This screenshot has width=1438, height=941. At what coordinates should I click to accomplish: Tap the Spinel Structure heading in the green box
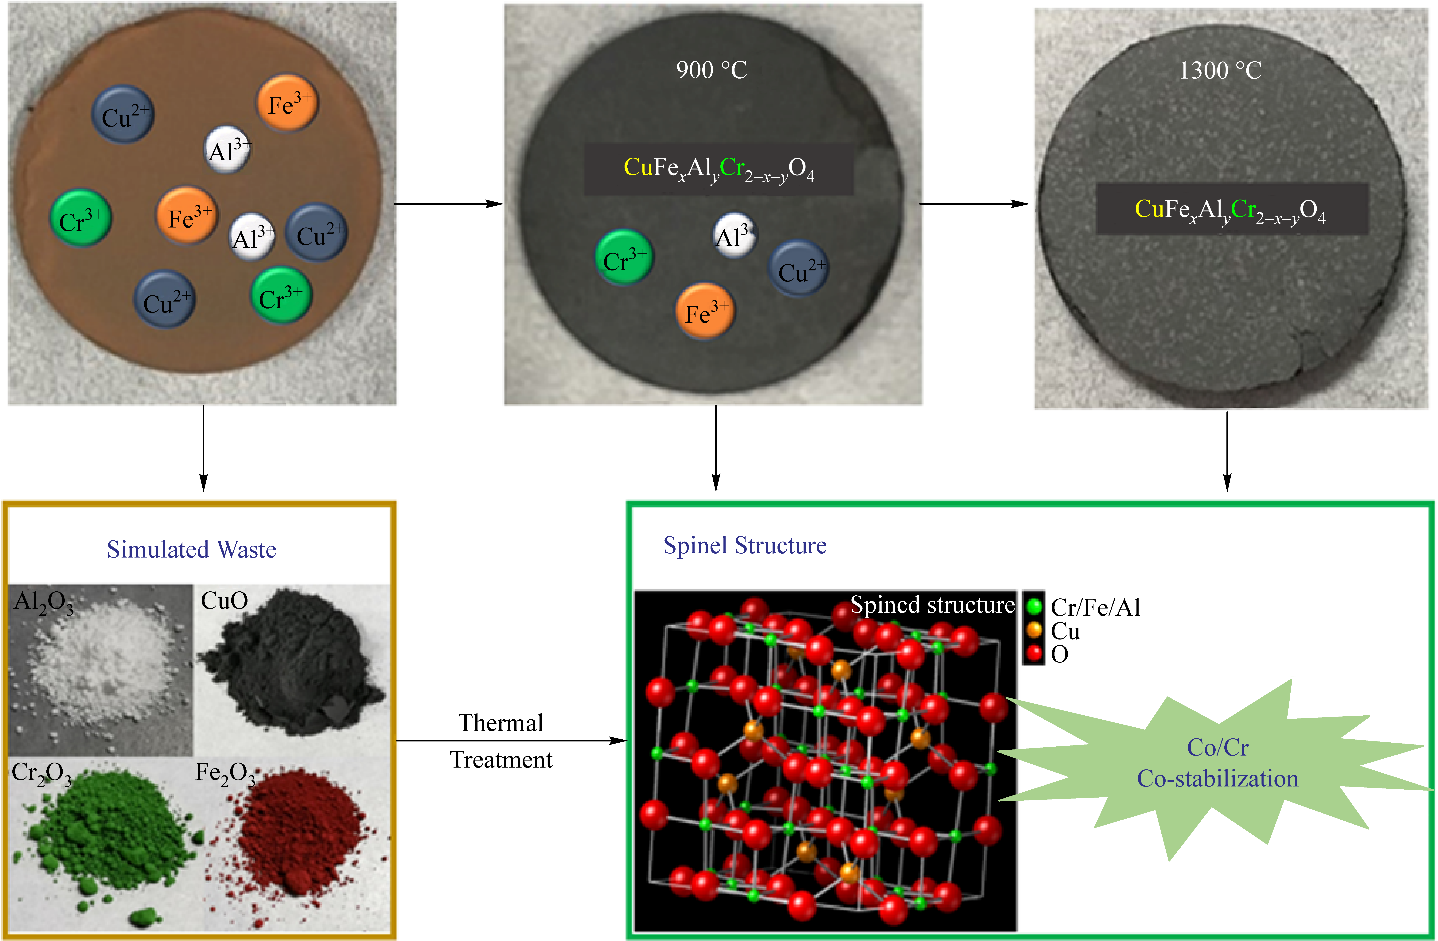[x=744, y=545]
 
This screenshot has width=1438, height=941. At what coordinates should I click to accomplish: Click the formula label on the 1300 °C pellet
[x=1231, y=210]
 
